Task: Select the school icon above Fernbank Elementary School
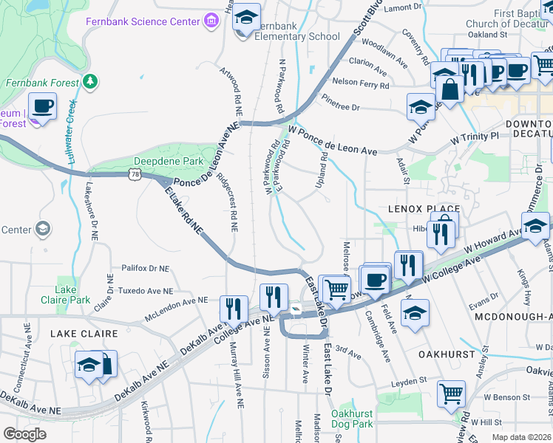click(x=247, y=16)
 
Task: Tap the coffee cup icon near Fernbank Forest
click(x=42, y=106)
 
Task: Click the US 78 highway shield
click(x=133, y=174)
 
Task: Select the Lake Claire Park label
click(x=67, y=295)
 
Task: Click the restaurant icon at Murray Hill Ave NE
click(x=234, y=308)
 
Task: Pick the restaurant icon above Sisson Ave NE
click(x=274, y=298)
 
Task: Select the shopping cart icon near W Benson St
click(x=451, y=394)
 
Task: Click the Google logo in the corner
click(x=24, y=433)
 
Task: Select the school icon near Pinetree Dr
click(x=421, y=107)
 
